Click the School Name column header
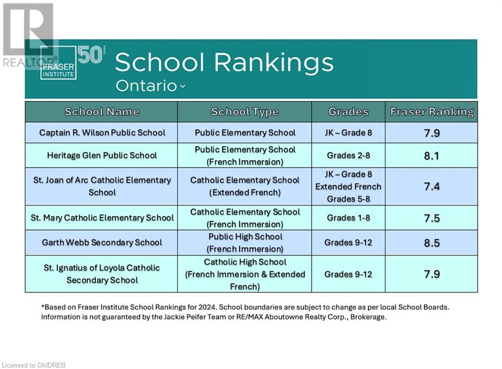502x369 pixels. [102, 112]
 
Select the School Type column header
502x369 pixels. [245, 112]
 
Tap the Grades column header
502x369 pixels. [349, 112]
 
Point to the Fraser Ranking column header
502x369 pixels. [431, 112]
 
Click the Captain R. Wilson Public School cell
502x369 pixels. [102, 132]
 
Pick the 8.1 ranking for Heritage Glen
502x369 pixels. [431, 156]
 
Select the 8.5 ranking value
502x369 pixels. [431, 243]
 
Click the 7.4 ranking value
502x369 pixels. [431, 186]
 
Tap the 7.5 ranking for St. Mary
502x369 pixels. [431, 218]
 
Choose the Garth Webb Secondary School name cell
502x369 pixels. [102, 242]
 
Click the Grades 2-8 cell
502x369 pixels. [349, 155]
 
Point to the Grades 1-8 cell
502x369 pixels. [349, 218]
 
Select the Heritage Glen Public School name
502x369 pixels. [102, 155]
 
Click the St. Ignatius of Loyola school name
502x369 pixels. [102, 274]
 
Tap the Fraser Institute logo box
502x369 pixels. [58, 63]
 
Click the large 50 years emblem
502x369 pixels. [91, 55]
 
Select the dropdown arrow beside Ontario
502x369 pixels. [182, 86]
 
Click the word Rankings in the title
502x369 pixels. [274, 63]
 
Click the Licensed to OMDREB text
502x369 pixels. [34, 365]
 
